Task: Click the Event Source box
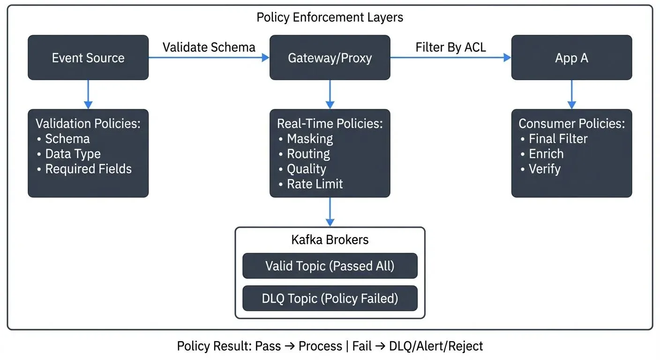(88, 58)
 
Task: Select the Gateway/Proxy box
(330, 58)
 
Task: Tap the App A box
(571, 58)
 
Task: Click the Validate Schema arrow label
(209, 47)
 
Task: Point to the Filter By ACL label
(450, 47)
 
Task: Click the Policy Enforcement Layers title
(330, 17)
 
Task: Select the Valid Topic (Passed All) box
(330, 266)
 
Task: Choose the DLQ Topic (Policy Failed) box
(330, 298)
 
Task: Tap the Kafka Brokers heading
(330, 240)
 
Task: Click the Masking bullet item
(309, 139)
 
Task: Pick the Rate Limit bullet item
(315, 184)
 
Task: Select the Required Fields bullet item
(88, 169)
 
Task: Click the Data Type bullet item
(73, 154)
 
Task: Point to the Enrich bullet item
(546, 154)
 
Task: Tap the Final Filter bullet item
(558, 139)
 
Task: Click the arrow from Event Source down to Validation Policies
(88, 94)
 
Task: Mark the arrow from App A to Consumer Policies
(571, 94)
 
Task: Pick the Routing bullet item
(308, 154)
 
